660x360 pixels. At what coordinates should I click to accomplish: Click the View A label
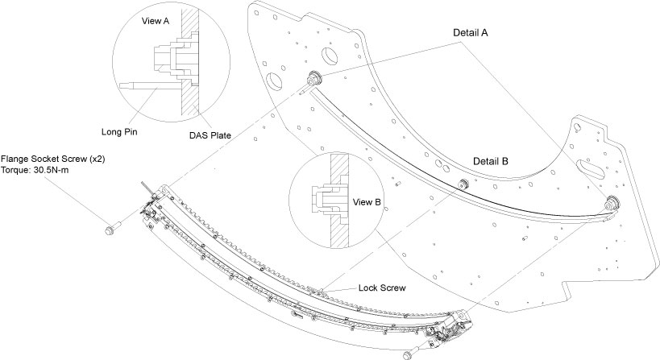pyautogui.click(x=155, y=23)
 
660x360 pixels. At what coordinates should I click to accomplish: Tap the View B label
pyautogui.click(x=365, y=202)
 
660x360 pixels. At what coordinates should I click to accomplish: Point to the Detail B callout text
pyautogui.click(x=490, y=160)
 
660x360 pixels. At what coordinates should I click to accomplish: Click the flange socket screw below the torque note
pyautogui.click(x=110, y=230)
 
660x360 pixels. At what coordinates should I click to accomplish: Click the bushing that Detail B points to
pyautogui.click(x=463, y=184)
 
